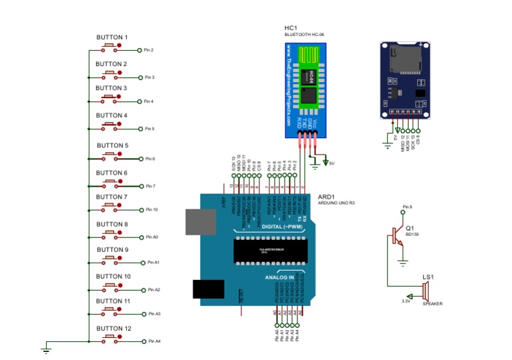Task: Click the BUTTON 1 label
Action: (x=111, y=37)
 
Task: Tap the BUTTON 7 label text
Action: (x=111, y=197)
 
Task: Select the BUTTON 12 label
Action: (x=113, y=329)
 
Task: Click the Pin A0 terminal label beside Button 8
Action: (x=152, y=237)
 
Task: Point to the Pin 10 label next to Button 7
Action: (x=151, y=209)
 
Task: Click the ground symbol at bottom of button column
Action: (x=47, y=347)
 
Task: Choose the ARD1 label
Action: (x=327, y=197)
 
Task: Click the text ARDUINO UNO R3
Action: (x=337, y=204)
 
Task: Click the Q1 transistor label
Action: (x=409, y=228)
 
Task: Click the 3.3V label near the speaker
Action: (x=405, y=301)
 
